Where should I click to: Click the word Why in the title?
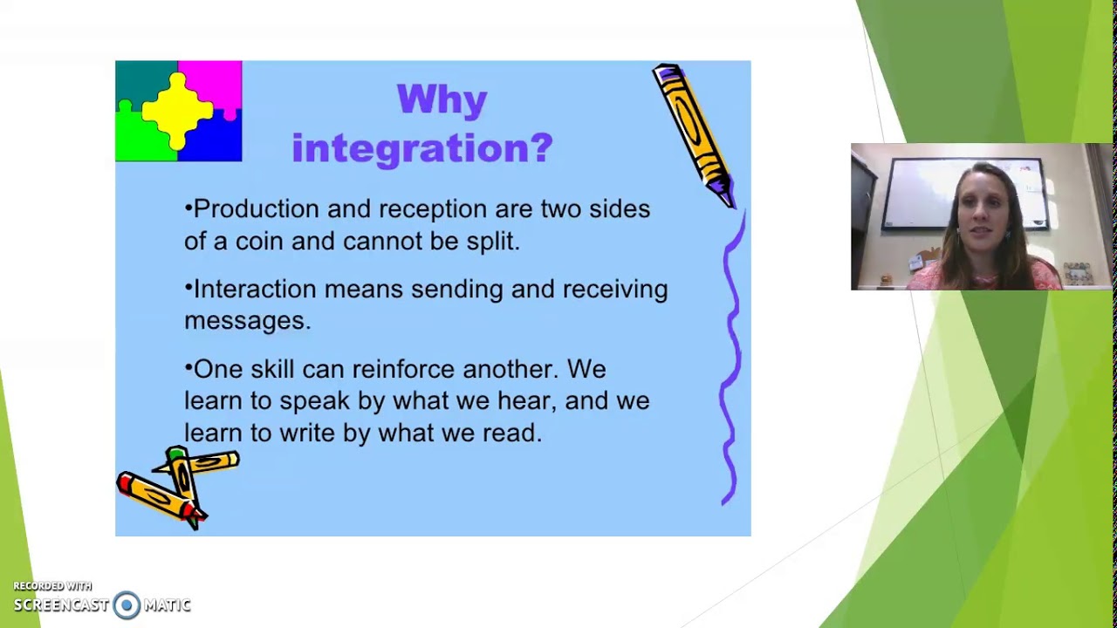[x=442, y=100]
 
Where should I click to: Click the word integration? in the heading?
[x=422, y=147]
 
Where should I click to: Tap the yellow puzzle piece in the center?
[x=178, y=110]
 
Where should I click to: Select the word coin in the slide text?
[x=258, y=242]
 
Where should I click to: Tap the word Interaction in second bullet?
[x=255, y=290]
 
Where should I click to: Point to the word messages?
[x=246, y=321]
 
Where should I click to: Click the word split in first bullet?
[x=491, y=242]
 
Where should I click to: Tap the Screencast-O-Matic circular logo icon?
[x=127, y=605]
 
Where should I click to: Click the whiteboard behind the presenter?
[x=925, y=194]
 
